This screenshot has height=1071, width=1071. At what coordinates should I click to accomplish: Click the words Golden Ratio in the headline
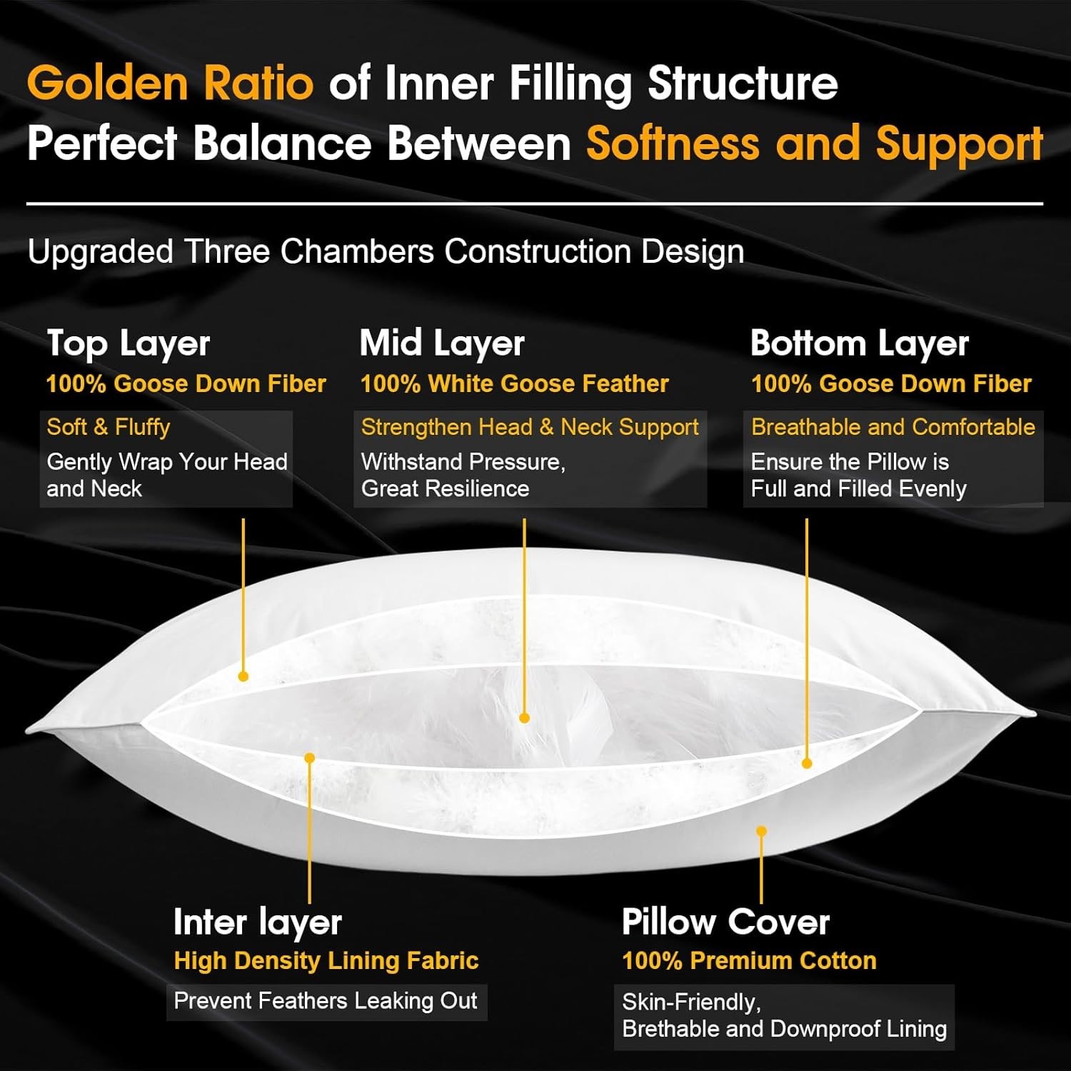click(170, 83)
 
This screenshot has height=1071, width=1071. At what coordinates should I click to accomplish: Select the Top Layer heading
click(129, 344)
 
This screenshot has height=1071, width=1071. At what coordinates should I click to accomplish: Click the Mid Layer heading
click(442, 344)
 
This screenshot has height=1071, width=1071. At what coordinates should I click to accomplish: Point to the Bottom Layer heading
click(860, 344)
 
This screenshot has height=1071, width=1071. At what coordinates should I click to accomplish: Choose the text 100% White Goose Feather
click(515, 384)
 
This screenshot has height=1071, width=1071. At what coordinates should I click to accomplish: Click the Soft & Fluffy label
click(109, 427)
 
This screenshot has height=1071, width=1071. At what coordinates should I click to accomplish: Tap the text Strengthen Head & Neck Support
click(530, 427)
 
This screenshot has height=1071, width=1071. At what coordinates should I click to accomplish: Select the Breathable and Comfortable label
click(893, 427)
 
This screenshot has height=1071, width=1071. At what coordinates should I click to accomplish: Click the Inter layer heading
click(258, 922)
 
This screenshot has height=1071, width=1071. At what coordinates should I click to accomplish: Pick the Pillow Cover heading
click(725, 922)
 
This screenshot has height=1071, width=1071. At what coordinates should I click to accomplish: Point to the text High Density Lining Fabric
click(326, 961)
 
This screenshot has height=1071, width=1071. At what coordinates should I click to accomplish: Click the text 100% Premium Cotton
click(749, 961)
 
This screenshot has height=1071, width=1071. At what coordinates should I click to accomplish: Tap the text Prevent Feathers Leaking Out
click(326, 1001)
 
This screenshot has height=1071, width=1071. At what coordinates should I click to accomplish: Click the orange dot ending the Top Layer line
click(243, 676)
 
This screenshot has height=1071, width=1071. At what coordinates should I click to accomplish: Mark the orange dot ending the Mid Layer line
click(524, 718)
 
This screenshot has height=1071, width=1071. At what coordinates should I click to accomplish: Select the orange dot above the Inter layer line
click(309, 758)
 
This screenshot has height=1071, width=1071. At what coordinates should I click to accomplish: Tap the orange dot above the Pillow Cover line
click(762, 831)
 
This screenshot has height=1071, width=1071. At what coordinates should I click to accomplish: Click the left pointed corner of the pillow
click(26, 730)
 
